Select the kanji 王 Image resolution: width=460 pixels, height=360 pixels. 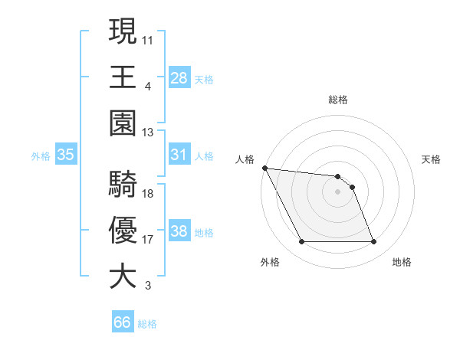tap(123, 77)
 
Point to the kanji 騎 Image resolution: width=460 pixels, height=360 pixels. tap(123, 184)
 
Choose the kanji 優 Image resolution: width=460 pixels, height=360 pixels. tap(123, 230)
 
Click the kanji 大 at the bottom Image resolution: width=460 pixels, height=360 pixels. tap(123, 277)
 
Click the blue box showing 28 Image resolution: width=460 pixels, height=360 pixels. tap(179, 77)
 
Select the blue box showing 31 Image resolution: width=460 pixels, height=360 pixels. tap(179, 155)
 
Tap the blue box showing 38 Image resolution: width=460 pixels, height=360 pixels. tap(179, 231)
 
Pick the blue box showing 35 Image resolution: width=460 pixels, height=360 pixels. tap(66, 155)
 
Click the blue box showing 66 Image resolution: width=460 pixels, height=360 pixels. tap(123, 323)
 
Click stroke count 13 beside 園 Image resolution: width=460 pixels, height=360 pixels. tap(148, 132)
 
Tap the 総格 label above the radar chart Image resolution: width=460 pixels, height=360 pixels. tap(337, 100)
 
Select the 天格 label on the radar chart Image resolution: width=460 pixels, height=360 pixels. tap(432, 159)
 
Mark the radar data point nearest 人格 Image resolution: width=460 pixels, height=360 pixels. tap(264, 168)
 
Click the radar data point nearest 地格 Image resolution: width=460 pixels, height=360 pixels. tap(374, 242)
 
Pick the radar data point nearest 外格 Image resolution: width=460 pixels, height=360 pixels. tap(301, 242)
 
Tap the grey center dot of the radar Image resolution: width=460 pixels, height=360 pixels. tap(337, 191)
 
